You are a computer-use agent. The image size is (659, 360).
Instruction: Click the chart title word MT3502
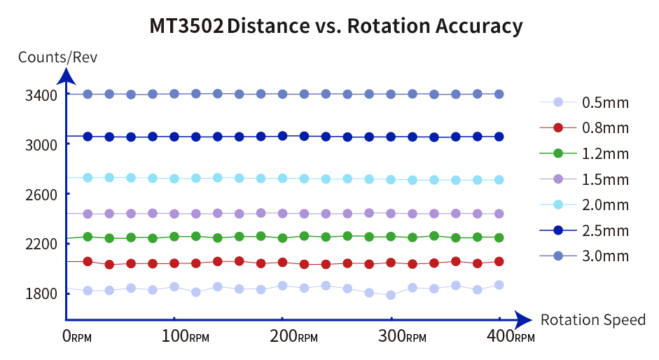[186, 26]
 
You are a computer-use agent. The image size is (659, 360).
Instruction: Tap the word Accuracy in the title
[479, 26]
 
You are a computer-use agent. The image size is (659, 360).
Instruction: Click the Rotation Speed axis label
[592, 320]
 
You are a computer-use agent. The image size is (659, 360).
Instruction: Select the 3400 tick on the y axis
[41, 94]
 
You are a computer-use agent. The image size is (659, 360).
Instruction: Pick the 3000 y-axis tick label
[41, 144]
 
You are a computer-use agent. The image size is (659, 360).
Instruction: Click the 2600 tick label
[41, 193]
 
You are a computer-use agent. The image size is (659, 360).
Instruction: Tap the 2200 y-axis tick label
[41, 243]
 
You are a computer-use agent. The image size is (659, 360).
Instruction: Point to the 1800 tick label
[41, 293]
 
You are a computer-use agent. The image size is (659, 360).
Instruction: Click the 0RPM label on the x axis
[78, 337]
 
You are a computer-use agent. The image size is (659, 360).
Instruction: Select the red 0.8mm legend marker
[558, 128]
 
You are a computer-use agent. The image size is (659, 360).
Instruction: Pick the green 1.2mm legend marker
[558, 153]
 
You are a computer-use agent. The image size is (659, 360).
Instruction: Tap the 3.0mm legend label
[605, 256]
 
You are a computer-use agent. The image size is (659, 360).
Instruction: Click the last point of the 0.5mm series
[499, 285]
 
